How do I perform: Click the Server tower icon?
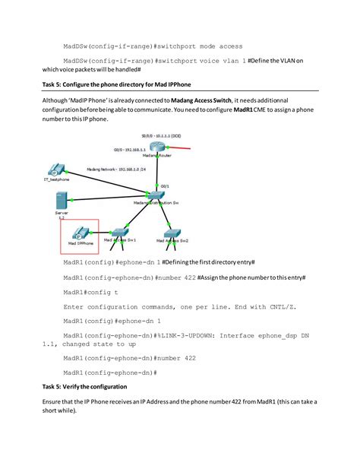point(61,201)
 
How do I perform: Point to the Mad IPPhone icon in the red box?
point(78,233)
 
